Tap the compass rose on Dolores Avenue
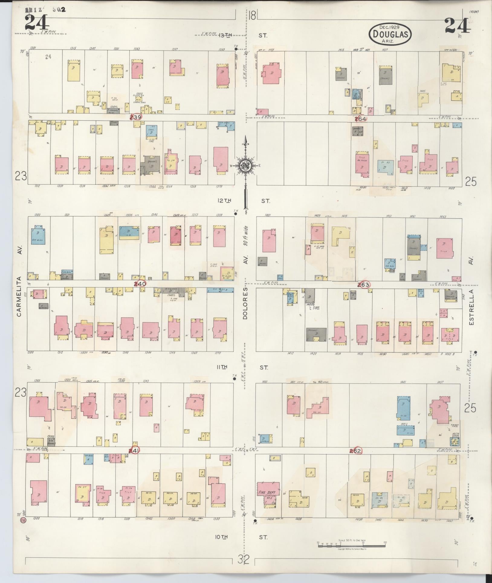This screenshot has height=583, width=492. (x=246, y=166)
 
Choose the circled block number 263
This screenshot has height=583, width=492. (x=363, y=285)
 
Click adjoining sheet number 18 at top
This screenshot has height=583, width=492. (x=253, y=15)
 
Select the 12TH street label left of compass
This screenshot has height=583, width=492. (x=224, y=200)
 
